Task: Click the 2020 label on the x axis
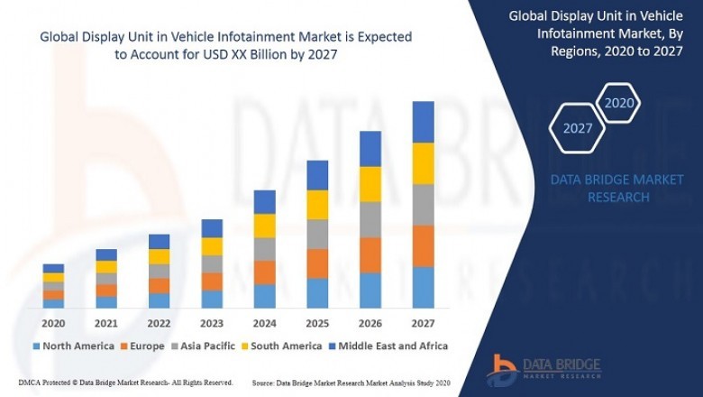tap(53, 323)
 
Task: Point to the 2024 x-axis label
tap(264, 323)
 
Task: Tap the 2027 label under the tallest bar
tap(423, 323)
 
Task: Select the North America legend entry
tap(73, 346)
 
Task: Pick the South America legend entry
tap(282, 346)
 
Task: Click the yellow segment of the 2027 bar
tap(423, 163)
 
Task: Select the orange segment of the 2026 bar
tap(370, 255)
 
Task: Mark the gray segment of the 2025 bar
tap(317, 234)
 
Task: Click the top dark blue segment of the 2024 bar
tap(264, 201)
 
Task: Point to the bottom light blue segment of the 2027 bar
tap(423, 287)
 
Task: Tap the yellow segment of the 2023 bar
tap(212, 246)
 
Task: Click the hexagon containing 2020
tap(618, 103)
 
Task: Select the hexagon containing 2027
tap(578, 128)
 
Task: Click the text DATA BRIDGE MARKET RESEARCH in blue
tap(617, 189)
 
